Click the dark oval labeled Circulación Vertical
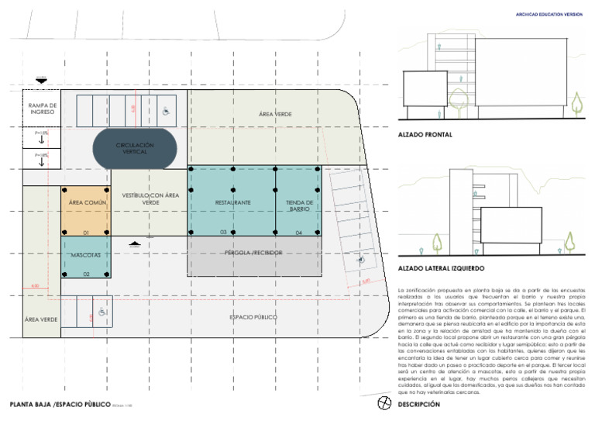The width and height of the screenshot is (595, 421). [x=135, y=148]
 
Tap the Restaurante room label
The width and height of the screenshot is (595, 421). [x=232, y=202]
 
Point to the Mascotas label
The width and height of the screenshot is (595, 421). [x=86, y=254]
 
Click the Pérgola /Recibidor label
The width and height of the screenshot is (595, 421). [x=253, y=253]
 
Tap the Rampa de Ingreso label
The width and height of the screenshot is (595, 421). [x=43, y=109]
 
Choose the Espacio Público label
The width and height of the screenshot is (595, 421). [x=253, y=318]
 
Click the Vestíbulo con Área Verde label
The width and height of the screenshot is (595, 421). [x=150, y=198]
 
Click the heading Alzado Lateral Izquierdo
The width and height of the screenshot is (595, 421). [x=441, y=268]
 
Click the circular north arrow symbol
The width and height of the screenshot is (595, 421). [x=383, y=403]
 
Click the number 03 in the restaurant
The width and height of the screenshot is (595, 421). [x=223, y=232]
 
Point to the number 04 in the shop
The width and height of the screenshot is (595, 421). [x=298, y=232]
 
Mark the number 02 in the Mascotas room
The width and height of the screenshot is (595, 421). [x=86, y=274]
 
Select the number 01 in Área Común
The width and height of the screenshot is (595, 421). [x=86, y=232]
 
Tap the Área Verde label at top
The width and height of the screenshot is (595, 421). [x=276, y=114]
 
